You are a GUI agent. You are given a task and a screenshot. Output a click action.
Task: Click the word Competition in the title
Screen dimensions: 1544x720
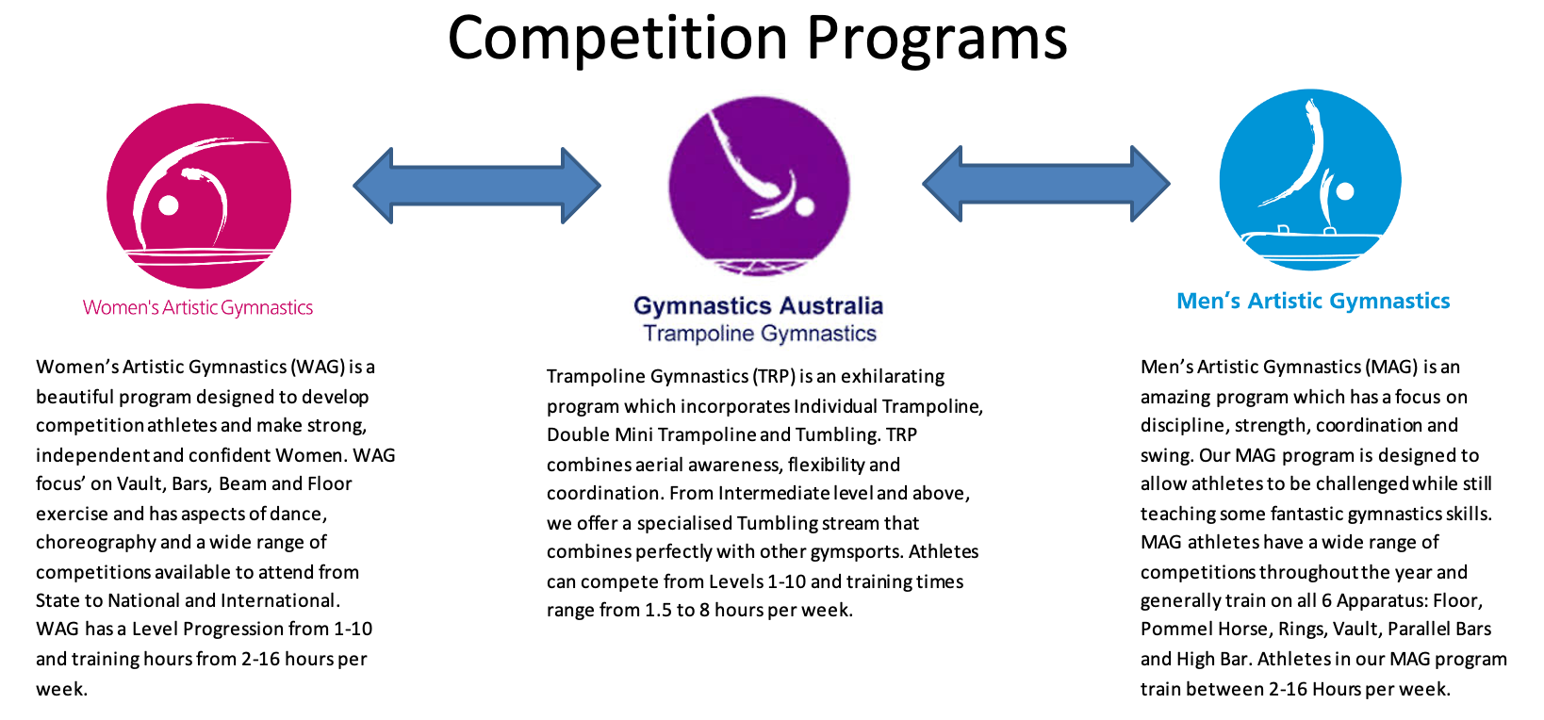(617, 39)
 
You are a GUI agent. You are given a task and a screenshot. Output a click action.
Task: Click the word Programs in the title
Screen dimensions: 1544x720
(937, 39)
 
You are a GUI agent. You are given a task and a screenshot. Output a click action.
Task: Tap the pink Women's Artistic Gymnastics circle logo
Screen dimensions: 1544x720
(199, 196)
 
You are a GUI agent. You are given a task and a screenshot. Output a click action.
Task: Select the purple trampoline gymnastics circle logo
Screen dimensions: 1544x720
(759, 186)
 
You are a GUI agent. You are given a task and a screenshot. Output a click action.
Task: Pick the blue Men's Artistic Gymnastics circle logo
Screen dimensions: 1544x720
(1310, 179)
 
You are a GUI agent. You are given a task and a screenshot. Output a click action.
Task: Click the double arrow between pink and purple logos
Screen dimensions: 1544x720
(477, 186)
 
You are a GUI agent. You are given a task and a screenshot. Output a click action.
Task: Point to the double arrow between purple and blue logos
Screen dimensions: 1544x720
(1046, 183)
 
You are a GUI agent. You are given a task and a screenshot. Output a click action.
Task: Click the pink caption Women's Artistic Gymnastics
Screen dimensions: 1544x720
(198, 307)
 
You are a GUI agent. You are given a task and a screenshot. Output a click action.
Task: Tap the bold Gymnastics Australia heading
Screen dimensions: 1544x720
(758, 305)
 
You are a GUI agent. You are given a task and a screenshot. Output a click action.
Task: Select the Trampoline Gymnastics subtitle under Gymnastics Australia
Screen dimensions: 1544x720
(760, 334)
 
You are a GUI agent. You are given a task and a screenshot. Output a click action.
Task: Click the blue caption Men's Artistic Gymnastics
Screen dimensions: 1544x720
(1313, 301)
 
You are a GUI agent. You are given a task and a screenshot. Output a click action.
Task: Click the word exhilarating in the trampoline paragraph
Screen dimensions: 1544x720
(893, 376)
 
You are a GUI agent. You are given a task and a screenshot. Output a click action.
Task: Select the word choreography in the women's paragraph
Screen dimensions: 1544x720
(96, 542)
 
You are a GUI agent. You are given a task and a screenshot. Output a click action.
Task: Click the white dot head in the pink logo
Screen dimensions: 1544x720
(169, 205)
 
